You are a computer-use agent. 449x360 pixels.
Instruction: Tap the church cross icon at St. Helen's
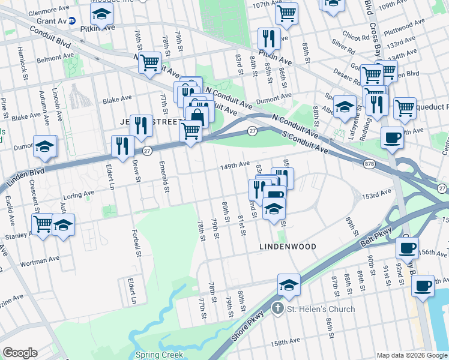(x=277, y=309)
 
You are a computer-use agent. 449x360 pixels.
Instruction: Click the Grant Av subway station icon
(x=72, y=20)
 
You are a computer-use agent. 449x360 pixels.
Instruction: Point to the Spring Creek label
(x=159, y=355)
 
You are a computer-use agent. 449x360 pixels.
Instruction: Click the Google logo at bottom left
(x=20, y=353)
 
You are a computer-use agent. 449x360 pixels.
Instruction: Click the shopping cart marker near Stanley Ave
(x=43, y=224)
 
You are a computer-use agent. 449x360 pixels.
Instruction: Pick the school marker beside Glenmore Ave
(x=103, y=15)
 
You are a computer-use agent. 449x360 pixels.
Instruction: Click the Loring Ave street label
(x=81, y=194)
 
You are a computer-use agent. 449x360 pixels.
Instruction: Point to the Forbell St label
(x=137, y=245)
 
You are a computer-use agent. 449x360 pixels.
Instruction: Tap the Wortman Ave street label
(x=39, y=259)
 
